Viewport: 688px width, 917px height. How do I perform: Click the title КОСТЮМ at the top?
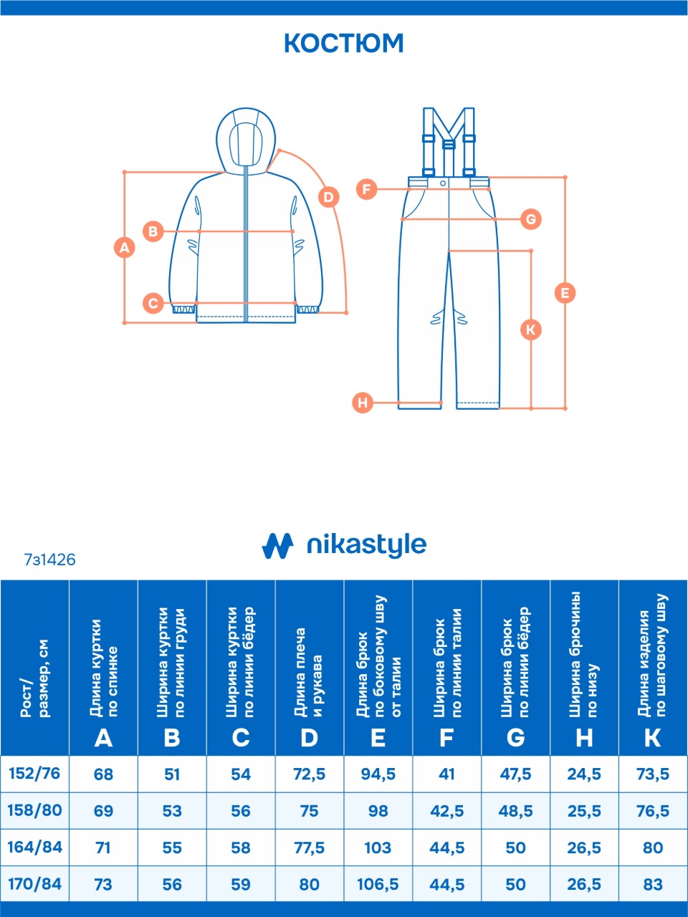click(344, 43)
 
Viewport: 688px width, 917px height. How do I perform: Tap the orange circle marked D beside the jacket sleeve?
click(329, 197)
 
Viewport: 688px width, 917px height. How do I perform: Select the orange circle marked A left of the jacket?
click(125, 248)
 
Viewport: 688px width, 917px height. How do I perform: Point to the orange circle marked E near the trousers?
click(565, 293)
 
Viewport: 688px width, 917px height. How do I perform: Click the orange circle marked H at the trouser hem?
click(363, 403)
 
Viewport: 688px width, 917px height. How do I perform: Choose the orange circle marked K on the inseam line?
click(531, 330)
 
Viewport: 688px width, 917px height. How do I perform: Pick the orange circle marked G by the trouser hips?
click(531, 219)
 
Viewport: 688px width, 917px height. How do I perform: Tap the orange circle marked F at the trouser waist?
click(367, 189)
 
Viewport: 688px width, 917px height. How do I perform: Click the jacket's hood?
click(246, 140)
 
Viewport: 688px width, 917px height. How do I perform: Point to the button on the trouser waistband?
click(443, 183)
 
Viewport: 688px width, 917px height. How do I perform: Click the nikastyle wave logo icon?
click(277, 546)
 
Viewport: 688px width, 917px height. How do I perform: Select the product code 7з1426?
click(49, 560)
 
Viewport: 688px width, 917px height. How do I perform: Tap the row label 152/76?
click(34, 773)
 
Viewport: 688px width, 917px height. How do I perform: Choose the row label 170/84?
click(34, 884)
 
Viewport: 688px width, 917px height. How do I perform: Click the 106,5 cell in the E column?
click(378, 884)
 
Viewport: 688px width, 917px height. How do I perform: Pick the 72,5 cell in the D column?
click(309, 774)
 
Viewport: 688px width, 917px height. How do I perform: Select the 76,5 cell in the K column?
click(653, 810)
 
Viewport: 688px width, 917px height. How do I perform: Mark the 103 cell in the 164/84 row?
click(378, 848)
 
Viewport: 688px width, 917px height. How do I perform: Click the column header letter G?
click(515, 737)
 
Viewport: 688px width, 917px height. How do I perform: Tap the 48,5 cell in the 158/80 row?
click(515, 810)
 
